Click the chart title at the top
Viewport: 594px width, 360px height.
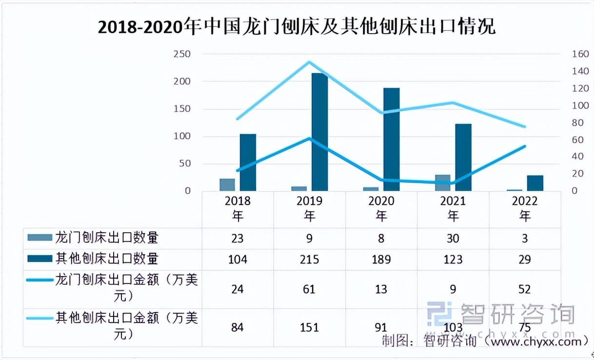[x=297, y=27]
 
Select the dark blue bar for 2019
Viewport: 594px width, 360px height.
[x=319, y=132]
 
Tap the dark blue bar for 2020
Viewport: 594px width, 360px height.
[x=391, y=139]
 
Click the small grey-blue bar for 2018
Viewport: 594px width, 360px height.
[x=227, y=184]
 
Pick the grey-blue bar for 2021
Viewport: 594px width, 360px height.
[x=443, y=182]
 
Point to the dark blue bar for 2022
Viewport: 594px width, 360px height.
[x=535, y=183]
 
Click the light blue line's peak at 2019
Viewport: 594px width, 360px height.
[x=309, y=62]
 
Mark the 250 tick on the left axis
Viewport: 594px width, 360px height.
[x=181, y=54]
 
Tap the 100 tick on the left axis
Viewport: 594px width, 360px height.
[x=181, y=136]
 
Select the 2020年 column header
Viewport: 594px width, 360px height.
[x=381, y=208]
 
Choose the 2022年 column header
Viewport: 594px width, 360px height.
[x=525, y=208]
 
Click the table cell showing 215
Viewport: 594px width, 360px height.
[x=310, y=259]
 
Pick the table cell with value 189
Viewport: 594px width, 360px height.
[x=381, y=259]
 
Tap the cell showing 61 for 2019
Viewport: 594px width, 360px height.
[x=310, y=289]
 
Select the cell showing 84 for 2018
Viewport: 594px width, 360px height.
[x=238, y=326]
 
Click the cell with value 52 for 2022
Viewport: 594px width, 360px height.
[x=525, y=289]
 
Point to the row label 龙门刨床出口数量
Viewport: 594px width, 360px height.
[x=107, y=238]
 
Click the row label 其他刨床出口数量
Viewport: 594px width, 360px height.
[x=107, y=259]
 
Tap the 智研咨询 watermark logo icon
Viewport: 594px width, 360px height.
[x=440, y=314]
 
